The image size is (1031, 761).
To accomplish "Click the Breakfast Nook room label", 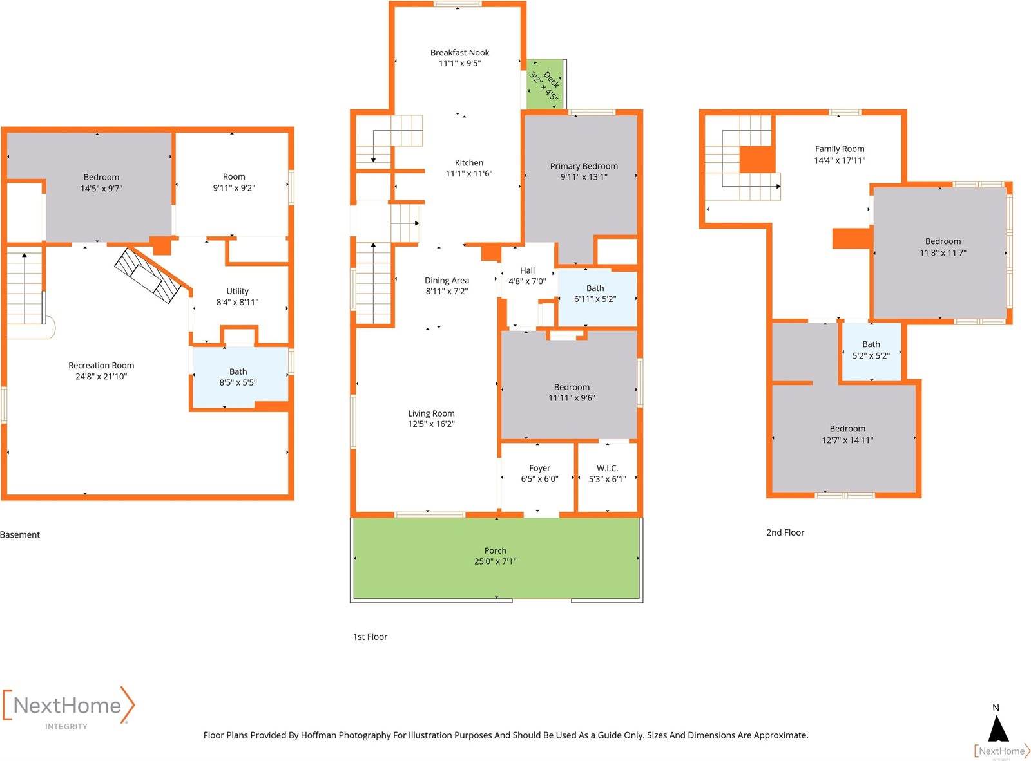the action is tap(459, 53).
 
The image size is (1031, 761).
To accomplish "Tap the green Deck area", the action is tap(544, 84).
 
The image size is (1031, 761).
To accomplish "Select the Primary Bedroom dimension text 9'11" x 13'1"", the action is tap(584, 177).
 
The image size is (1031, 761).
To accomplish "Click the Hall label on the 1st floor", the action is tap(527, 270).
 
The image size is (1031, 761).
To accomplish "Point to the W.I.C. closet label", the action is tap(607, 468).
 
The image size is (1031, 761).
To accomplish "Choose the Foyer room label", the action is tap(539, 468).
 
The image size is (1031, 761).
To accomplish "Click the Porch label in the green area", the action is tap(495, 550).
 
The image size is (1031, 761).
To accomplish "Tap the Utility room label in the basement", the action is tap(237, 291).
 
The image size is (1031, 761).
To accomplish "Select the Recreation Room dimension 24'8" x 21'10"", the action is tap(101, 377).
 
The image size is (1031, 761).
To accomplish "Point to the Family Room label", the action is tap(840, 149).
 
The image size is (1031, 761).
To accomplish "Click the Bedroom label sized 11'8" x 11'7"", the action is tap(943, 241).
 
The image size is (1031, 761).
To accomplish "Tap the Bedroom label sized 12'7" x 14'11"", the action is tap(847, 429).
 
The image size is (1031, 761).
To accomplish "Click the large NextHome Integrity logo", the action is tap(68, 708).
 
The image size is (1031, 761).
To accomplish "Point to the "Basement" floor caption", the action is tap(20, 535).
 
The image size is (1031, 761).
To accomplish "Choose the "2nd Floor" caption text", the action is tap(785, 532).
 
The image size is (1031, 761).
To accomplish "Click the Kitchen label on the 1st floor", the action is tap(468, 163).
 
